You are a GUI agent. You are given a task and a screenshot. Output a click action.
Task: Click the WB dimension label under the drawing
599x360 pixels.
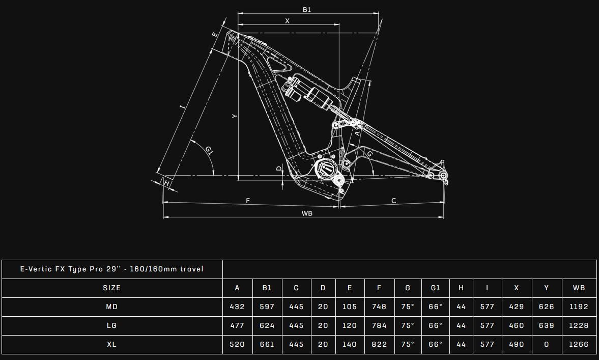[x=306, y=213]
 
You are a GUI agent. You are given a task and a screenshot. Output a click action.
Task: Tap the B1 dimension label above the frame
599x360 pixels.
[x=307, y=10]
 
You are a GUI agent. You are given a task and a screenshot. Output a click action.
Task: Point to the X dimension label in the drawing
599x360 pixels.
[x=287, y=21]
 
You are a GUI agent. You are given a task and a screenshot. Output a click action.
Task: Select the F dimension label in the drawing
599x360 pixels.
[x=248, y=201]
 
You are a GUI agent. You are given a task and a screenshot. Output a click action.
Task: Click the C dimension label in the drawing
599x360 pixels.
[x=393, y=201]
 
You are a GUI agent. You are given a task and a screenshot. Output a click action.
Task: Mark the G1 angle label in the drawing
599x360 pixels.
[x=209, y=150]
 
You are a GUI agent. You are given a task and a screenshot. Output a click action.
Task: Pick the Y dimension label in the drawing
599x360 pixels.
[x=234, y=116]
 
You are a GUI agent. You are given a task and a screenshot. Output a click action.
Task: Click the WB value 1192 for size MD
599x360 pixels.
[x=579, y=307]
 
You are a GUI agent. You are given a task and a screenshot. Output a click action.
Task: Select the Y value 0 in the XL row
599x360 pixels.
[x=547, y=344]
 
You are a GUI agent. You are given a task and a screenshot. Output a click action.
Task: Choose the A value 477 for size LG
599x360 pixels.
[x=237, y=325]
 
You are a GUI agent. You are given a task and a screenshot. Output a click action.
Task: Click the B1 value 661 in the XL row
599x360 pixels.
[x=267, y=344]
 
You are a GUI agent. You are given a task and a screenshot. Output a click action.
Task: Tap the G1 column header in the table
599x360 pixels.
[x=435, y=288]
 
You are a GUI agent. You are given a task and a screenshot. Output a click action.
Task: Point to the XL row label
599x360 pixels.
[x=111, y=344]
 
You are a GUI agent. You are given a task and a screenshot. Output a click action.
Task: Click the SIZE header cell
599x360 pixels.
[x=111, y=288]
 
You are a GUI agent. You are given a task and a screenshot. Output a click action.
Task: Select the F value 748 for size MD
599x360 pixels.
[x=379, y=307]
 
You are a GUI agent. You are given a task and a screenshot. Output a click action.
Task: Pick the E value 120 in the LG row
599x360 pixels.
[x=349, y=325]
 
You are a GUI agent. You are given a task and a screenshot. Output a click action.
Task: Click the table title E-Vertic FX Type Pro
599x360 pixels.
[x=111, y=269]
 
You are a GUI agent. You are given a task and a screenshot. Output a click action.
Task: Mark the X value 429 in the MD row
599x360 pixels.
[x=516, y=307]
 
